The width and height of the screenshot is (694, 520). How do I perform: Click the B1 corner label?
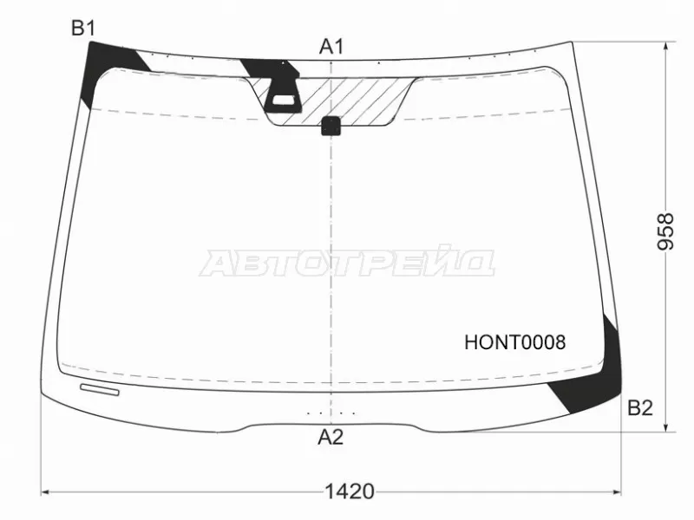82,29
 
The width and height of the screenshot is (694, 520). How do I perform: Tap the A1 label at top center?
331,47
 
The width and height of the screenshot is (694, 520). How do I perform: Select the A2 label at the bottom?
331,438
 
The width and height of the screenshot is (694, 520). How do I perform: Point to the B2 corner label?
639,408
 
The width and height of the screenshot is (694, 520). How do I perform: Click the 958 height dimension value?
666,231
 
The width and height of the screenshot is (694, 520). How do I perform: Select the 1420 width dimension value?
350,492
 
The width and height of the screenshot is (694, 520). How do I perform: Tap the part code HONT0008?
514,342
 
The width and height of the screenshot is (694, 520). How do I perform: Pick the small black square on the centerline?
331,126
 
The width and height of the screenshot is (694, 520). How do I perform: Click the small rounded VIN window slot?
98,390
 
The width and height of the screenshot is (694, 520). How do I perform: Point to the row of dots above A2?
331,413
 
